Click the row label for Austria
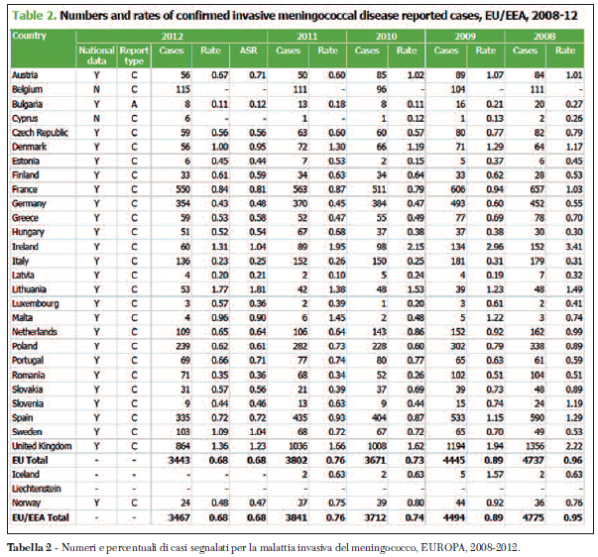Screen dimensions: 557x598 [25, 75]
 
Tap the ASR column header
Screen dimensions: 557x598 [258, 49]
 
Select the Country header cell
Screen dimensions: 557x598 [29, 36]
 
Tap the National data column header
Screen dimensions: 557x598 [96, 49]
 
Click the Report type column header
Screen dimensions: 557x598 [135, 49]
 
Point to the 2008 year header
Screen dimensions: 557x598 [544, 36]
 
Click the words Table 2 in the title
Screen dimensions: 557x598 [38, 15]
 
